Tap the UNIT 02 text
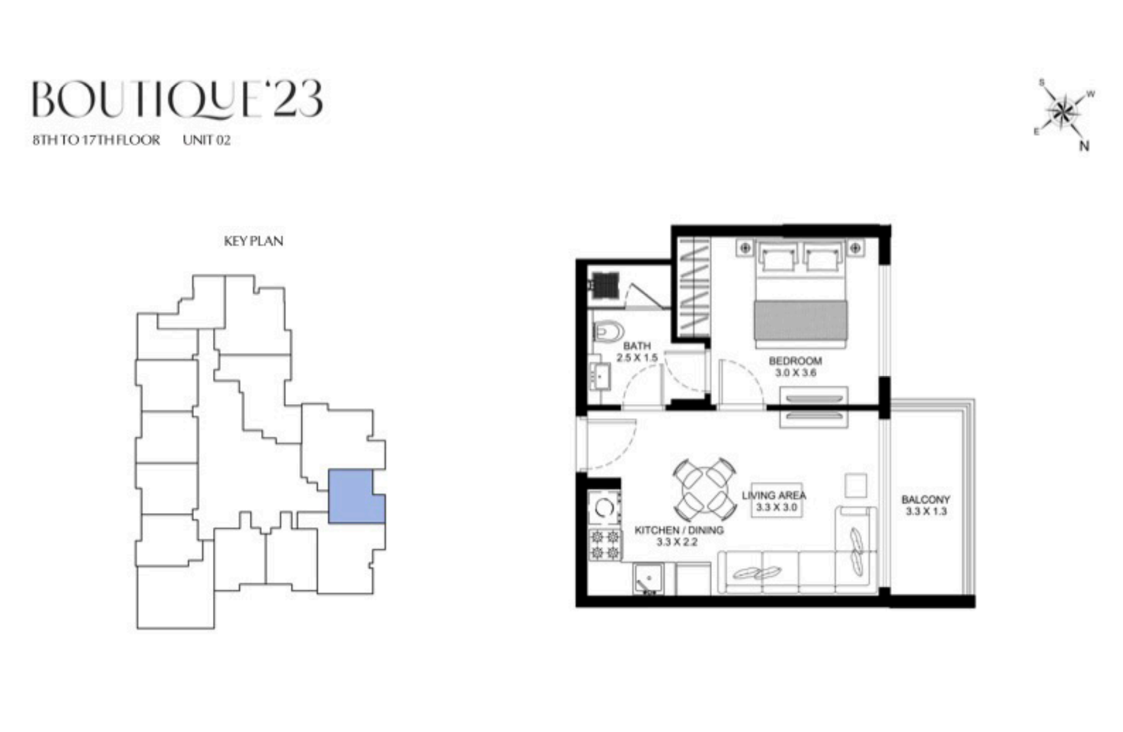(x=206, y=140)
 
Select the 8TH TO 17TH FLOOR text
(x=96, y=140)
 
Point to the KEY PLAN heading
(x=253, y=241)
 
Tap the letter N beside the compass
(x=1084, y=146)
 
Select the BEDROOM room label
(x=795, y=361)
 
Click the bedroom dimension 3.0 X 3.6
(x=795, y=373)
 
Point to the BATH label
(x=637, y=346)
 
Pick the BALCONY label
(x=926, y=500)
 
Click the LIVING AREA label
(x=774, y=495)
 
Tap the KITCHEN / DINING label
(x=679, y=530)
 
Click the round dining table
(x=705, y=490)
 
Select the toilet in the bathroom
(x=607, y=331)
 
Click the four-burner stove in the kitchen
(x=604, y=545)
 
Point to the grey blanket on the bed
(x=801, y=321)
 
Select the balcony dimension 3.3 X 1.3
(x=926, y=512)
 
